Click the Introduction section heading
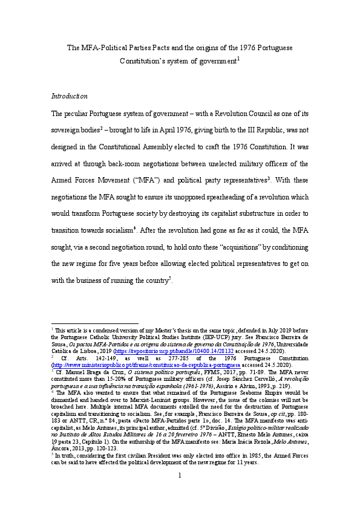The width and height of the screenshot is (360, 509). tap(70, 96)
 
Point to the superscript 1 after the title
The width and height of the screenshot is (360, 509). tap(238, 59)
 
